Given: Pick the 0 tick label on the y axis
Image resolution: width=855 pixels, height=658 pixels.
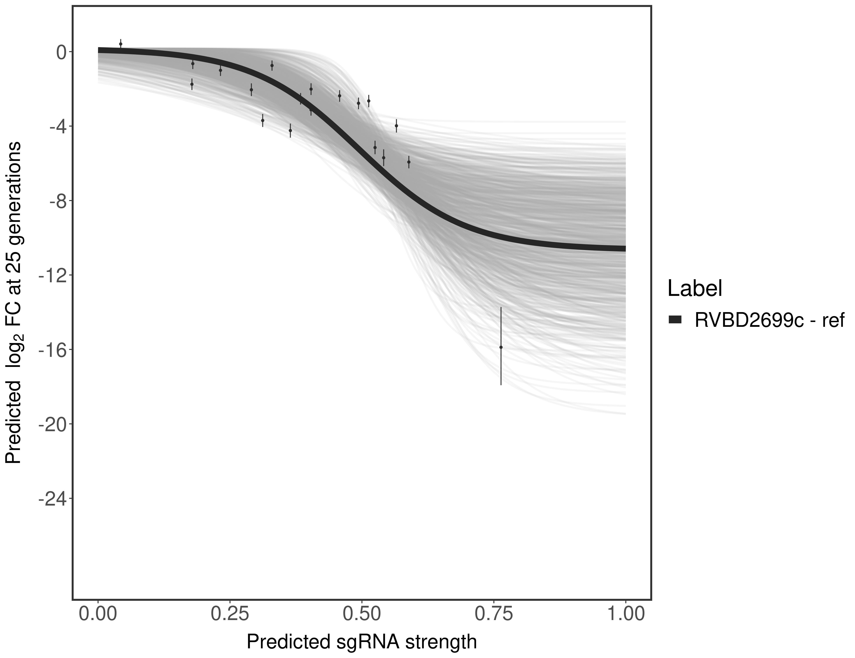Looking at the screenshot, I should tap(61, 52).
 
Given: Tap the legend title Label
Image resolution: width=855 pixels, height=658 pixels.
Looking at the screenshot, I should tap(695, 289).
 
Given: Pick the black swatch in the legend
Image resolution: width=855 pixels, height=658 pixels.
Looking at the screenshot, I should tap(675, 320).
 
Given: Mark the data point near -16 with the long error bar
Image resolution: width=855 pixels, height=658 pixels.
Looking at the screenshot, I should tap(501, 347).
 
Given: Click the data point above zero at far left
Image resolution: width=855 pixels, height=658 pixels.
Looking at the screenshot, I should tap(121, 44).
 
